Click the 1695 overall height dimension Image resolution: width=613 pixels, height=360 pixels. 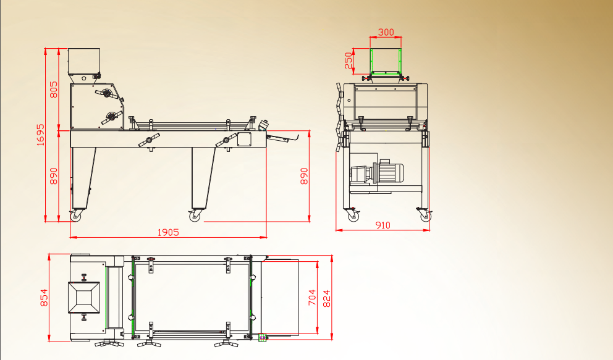point(41,135)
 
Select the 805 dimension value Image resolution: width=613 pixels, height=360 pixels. point(54,90)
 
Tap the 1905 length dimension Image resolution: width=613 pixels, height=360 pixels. point(168,232)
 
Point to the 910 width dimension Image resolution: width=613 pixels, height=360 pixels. point(383,225)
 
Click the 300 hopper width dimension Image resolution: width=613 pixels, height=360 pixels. point(386,32)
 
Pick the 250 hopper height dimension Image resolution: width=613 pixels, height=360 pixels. point(349,61)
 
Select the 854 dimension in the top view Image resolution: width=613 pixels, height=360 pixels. point(44,298)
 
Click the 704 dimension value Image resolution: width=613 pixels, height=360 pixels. point(311,298)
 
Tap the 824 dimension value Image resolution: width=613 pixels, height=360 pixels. point(326,299)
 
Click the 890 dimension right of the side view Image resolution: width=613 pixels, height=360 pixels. point(304,176)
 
